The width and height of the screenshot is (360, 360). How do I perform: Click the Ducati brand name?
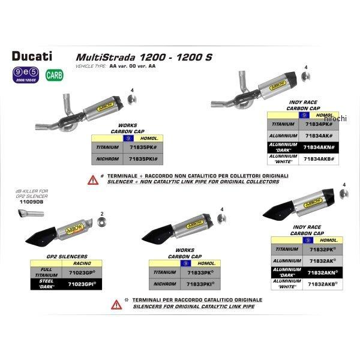[x=32, y=57]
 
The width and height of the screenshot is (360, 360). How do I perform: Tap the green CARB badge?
[x=54, y=76]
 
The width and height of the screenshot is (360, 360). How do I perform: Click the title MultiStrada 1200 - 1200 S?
[x=143, y=57]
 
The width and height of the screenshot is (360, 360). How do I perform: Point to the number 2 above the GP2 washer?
[x=102, y=214]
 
